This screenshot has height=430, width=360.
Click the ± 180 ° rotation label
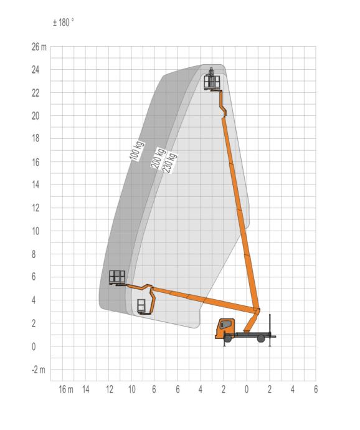tap(64, 22)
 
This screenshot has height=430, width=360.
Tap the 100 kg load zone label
tap(136, 151)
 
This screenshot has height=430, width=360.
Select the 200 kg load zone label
tap(158, 158)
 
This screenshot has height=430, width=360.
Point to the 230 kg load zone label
tap(170, 163)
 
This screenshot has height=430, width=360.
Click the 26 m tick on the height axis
tap(39, 47)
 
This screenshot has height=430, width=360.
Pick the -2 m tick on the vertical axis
tap(39, 370)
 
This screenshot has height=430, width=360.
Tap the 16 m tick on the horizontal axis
tap(66, 389)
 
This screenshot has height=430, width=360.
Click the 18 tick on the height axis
tap(36, 138)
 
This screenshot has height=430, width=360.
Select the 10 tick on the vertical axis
tap(36, 231)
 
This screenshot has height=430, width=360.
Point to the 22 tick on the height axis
tap(36, 93)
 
